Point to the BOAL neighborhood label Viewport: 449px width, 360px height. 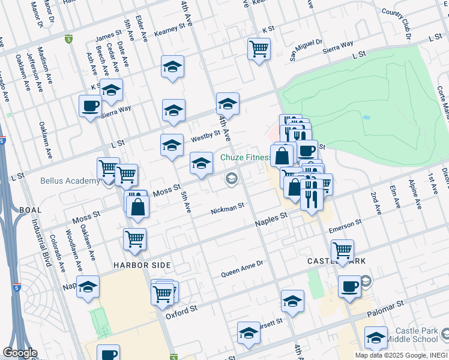(31, 210)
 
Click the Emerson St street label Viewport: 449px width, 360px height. (345, 226)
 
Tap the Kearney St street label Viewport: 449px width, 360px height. (169, 30)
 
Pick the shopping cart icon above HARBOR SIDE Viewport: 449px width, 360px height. (134, 238)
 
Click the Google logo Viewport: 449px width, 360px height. (20, 353)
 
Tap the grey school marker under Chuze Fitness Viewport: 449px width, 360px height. (231, 178)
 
